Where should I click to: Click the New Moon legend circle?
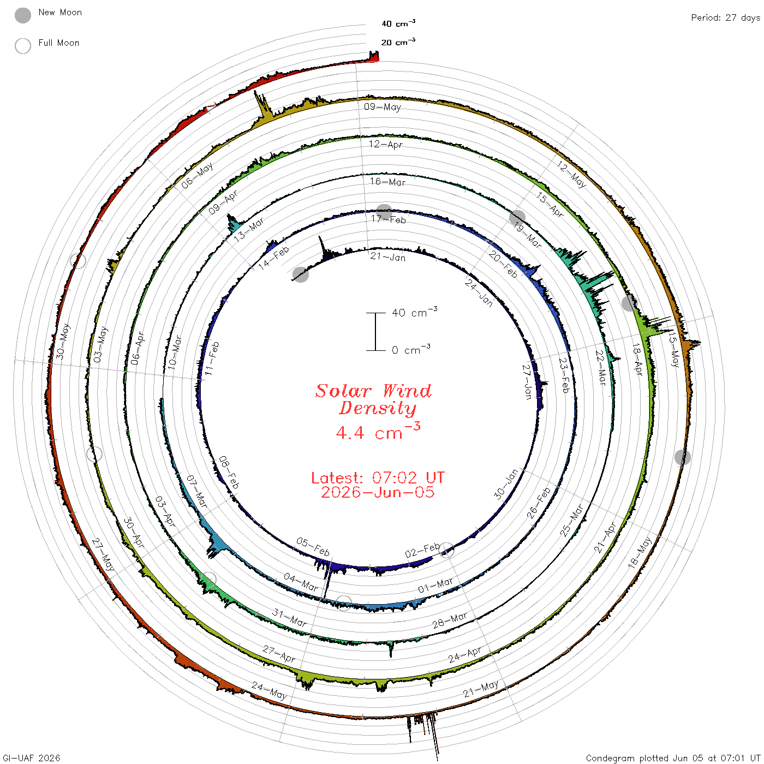coord(22,15)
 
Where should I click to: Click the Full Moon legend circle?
coord(22,46)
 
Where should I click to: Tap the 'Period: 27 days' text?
coord(726,18)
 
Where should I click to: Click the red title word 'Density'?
coord(378,408)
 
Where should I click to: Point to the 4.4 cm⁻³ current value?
coord(378,431)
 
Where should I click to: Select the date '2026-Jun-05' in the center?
coord(378,492)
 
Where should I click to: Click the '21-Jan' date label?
coord(388,257)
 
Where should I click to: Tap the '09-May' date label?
coord(383,106)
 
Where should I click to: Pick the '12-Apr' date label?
coord(385,144)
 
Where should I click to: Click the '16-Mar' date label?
coord(387,182)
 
